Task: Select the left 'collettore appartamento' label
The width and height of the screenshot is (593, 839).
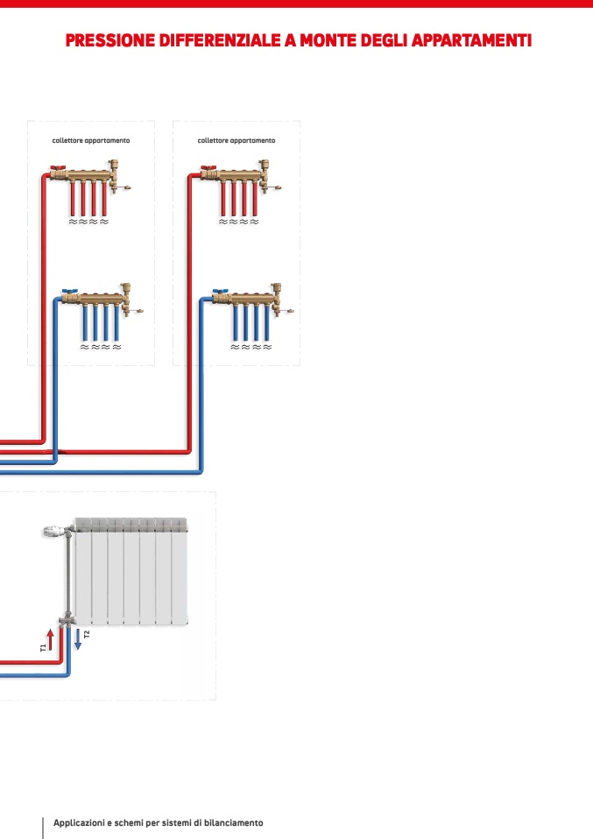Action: pyautogui.click(x=91, y=141)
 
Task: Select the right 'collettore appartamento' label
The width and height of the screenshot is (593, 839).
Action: pyautogui.click(x=236, y=141)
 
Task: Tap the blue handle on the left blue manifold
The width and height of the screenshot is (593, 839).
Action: pyautogui.click(x=70, y=292)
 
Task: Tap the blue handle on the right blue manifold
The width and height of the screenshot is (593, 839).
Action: pyautogui.click(x=221, y=292)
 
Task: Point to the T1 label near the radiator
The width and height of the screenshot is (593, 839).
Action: pyautogui.click(x=43, y=648)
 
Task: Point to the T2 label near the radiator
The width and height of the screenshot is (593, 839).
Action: pyautogui.click(x=87, y=635)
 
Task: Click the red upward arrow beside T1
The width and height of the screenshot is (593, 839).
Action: pyautogui.click(x=50, y=639)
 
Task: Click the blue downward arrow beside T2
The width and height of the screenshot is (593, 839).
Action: pyautogui.click(x=78, y=639)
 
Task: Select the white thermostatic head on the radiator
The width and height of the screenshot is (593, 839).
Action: pyautogui.click(x=54, y=532)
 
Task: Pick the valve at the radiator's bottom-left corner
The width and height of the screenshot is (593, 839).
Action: pyautogui.click(x=67, y=619)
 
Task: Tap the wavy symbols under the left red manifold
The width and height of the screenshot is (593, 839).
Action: pyautogui.click(x=88, y=222)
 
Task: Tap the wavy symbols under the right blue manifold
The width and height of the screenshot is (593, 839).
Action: pyautogui.click(x=251, y=347)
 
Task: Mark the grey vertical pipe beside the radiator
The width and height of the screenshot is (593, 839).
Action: pyautogui.click(x=68, y=573)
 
